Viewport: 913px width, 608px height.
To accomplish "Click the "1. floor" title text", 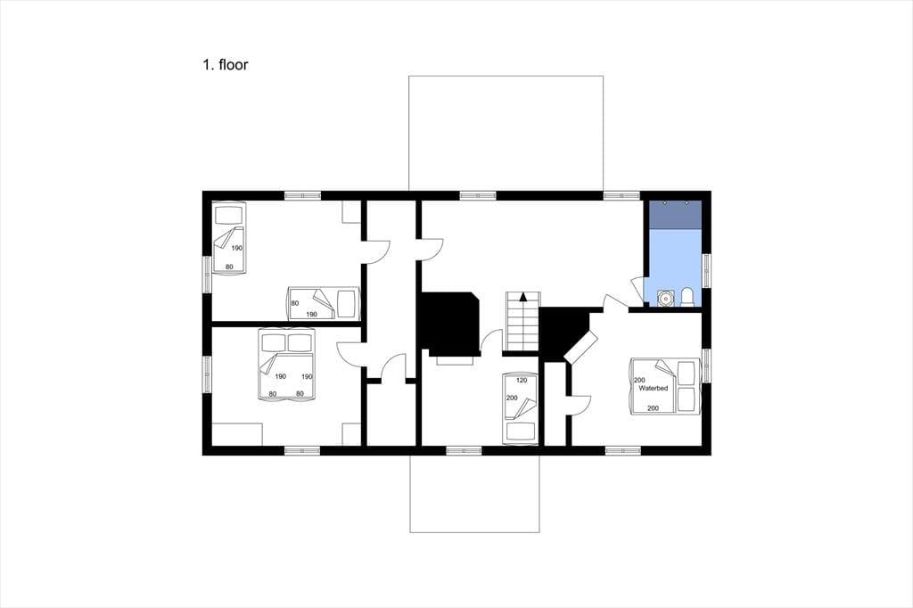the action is tap(225, 65).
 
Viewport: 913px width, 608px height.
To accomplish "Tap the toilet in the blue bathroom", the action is tap(687, 297).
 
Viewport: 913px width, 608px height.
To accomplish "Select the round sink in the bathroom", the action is tap(665, 298).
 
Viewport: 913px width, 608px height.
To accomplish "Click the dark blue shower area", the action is tap(675, 214).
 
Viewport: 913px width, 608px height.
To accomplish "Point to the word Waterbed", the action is tap(654, 388).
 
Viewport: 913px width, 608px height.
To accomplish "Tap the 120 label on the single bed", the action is tap(522, 381).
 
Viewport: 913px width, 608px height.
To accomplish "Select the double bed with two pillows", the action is tap(286, 364).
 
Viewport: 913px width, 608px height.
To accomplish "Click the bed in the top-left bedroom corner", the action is tap(228, 238).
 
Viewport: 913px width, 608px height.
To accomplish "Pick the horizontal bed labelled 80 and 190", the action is tap(323, 303).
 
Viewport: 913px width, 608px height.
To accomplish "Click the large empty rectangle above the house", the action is tap(506, 133).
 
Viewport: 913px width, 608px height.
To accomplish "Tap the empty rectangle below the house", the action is tap(474, 494).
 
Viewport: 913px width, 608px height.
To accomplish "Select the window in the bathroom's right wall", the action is tap(706, 271).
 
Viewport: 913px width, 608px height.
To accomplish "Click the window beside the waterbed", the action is tap(706, 366).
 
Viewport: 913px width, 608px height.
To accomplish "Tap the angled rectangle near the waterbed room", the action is tap(581, 349).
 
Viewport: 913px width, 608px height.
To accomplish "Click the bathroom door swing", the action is tap(636, 289).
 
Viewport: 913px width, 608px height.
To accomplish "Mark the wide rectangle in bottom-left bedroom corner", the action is tap(237, 434).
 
